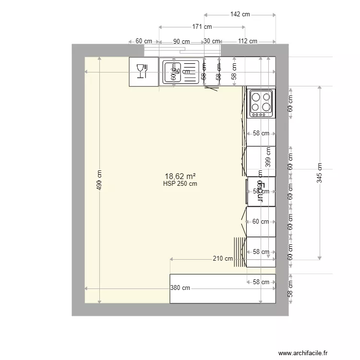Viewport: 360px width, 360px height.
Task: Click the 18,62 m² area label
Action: (x=180, y=176)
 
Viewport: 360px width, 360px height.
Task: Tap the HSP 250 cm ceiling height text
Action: (x=180, y=183)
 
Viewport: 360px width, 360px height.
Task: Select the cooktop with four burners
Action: (x=261, y=103)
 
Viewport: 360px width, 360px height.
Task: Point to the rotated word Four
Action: (x=262, y=192)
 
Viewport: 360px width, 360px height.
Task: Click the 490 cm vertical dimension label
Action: (x=99, y=180)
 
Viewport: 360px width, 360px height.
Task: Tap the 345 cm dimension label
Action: (x=320, y=173)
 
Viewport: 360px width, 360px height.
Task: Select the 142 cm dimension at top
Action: (x=240, y=14)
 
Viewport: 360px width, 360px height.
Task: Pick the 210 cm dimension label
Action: (x=223, y=259)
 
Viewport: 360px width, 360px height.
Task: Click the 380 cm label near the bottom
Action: (x=180, y=288)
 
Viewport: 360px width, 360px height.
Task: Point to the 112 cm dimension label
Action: (x=247, y=41)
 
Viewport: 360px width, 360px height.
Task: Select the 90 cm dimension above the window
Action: (x=181, y=41)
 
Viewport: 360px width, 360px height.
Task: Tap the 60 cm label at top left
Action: (x=144, y=41)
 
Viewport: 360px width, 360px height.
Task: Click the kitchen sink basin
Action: (x=171, y=72)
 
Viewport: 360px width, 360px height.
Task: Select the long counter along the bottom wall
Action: (x=223, y=289)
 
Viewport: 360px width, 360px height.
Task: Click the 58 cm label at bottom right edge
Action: (x=290, y=288)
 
